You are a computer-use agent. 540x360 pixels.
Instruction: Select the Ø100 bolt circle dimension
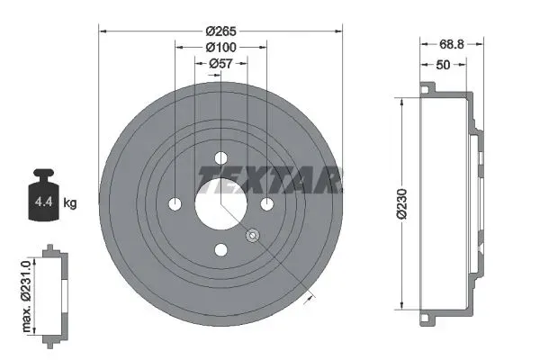[220, 46]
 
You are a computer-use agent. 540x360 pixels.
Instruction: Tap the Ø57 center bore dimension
[220, 63]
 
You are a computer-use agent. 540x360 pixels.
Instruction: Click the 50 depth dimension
[444, 64]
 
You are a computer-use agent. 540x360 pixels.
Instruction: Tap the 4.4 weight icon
[41, 200]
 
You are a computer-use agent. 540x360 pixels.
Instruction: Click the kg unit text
[70, 203]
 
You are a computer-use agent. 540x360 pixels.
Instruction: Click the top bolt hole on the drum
[220, 158]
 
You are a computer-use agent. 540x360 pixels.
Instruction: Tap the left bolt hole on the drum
[175, 203]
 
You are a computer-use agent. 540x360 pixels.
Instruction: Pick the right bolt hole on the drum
[266, 203]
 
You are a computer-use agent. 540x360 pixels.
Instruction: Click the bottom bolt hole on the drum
[220, 249]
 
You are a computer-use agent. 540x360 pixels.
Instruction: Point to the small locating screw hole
[252, 236]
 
